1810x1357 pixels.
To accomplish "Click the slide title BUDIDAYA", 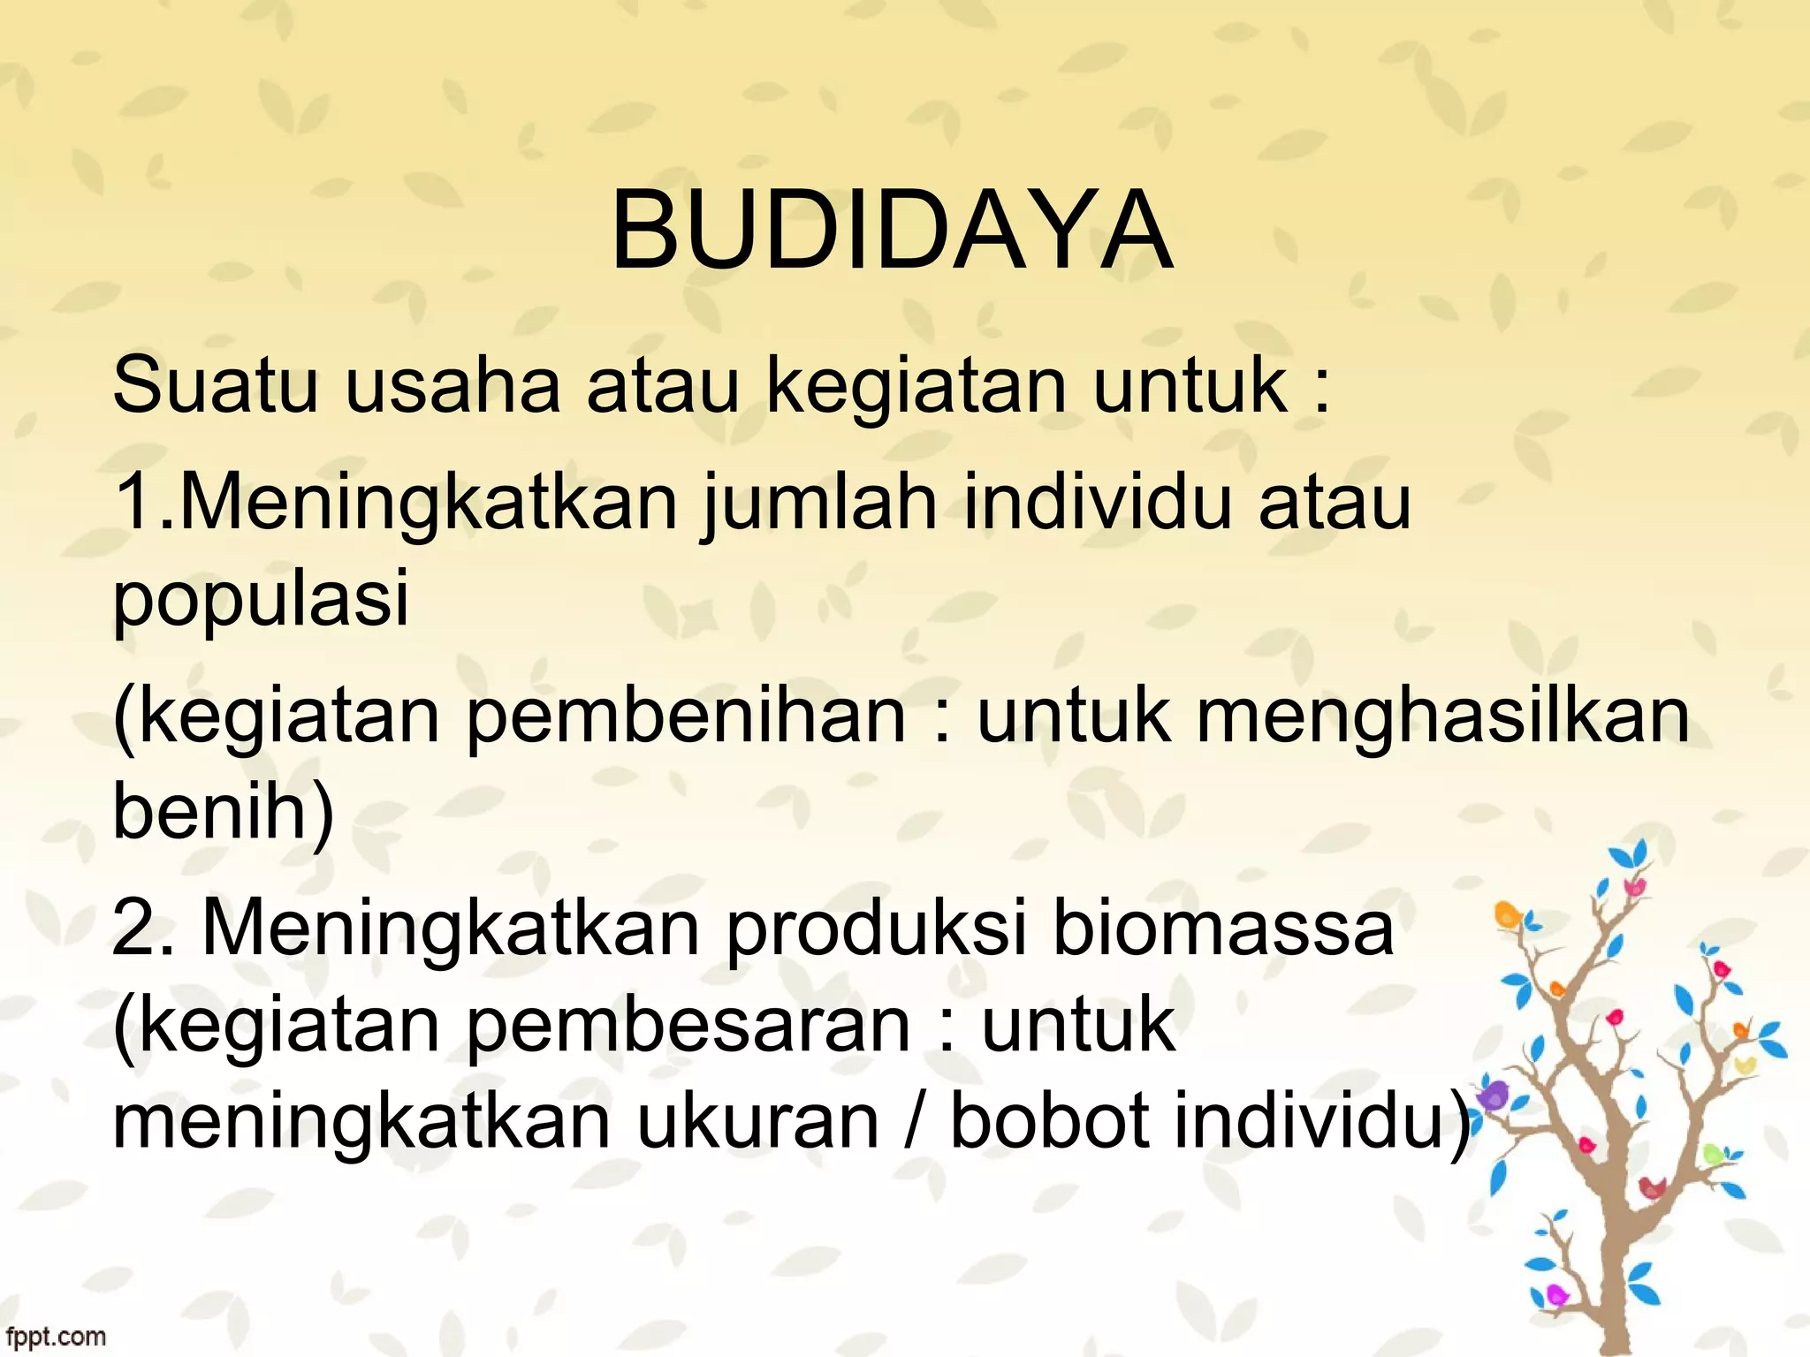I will [892, 231].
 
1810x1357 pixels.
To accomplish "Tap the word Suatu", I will [215, 385].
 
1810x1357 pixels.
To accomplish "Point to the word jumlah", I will [818, 503].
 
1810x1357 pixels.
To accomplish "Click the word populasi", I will [262, 601].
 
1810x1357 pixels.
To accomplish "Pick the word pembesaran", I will [688, 1027].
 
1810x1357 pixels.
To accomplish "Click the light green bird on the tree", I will [1713, 1154].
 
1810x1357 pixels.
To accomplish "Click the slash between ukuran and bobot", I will [913, 1122].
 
